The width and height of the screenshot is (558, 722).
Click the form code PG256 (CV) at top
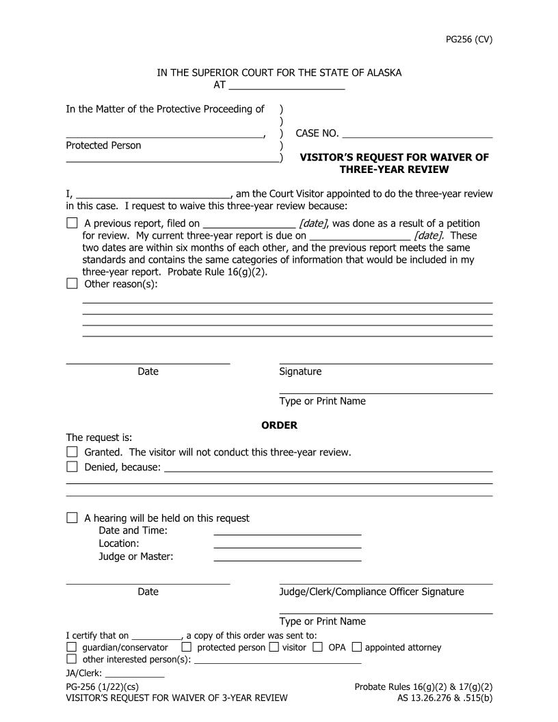pyautogui.click(x=468, y=39)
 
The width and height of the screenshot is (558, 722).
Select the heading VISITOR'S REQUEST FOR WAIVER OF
pyautogui.click(x=395, y=157)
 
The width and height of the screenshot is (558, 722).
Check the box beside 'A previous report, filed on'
pyautogui.click(x=72, y=223)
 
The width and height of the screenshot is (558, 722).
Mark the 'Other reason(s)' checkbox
pyautogui.click(x=72, y=284)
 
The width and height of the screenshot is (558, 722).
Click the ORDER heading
pyautogui.click(x=279, y=425)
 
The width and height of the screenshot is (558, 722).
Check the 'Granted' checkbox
pyautogui.click(x=72, y=452)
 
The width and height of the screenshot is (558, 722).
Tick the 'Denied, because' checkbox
pyautogui.click(x=72, y=467)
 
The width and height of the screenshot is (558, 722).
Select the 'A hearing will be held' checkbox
pyautogui.click(x=72, y=518)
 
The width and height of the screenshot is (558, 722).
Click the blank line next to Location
pyautogui.click(x=287, y=545)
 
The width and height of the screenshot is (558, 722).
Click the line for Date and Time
pyautogui.click(x=287, y=532)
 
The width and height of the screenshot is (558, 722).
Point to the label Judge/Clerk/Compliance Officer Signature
pyautogui.click(x=371, y=591)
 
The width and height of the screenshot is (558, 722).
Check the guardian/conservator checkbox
pyautogui.click(x=72, y=647)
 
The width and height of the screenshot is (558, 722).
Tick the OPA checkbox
pyautogui.click(x=318, y=647)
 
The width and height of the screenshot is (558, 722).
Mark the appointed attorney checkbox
pyautogui.click(x=356, y=647)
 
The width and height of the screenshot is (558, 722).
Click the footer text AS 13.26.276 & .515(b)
pyautogui.click(x=444, y=698)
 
